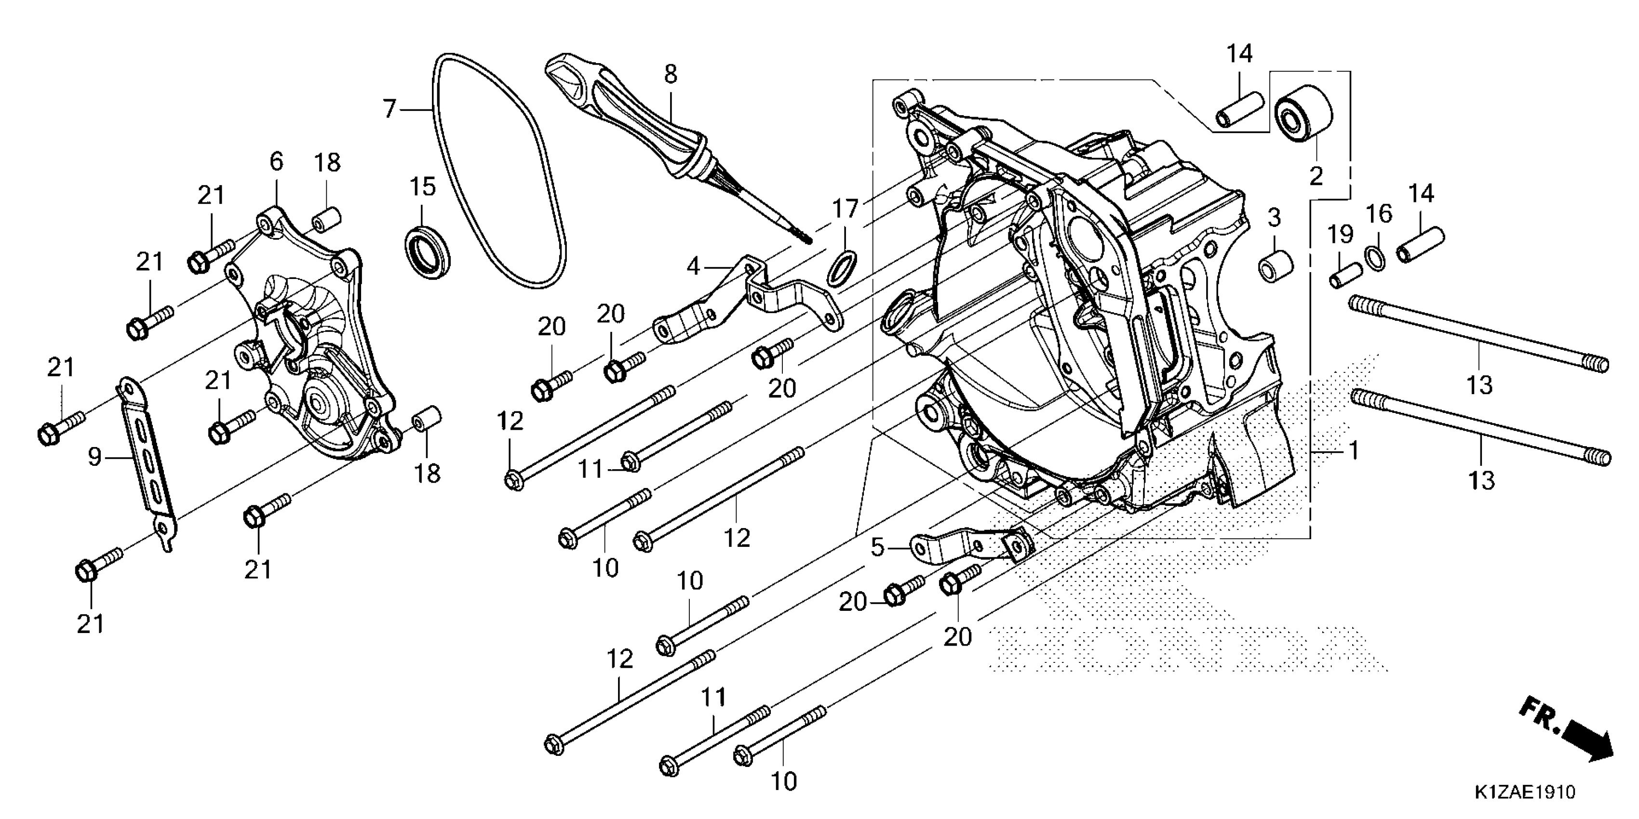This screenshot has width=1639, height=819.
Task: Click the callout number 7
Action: [390, 109]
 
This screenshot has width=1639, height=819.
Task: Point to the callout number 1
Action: [1354, 451]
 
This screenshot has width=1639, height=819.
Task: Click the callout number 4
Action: [693, 266]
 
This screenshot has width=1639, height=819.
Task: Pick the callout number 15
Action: [422, 187]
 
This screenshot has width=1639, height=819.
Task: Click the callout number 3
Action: [1274, 218]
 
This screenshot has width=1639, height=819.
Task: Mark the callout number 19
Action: [1340, 234]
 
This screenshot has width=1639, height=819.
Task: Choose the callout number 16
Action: [1379, 214]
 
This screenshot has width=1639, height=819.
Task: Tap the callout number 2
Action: [1316, 176]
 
